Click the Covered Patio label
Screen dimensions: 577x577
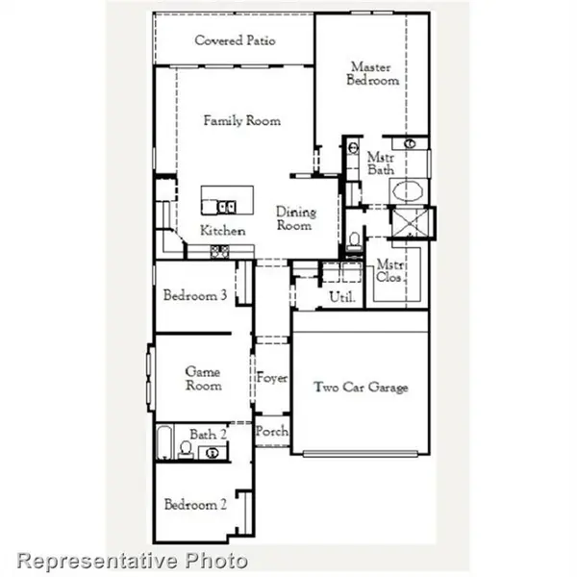tap(235, 40)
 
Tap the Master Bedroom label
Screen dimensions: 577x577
tap(373, 74)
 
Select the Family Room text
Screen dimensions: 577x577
tap(241, 121)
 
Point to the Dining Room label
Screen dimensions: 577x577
tap(294, 218)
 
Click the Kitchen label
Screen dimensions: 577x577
tap(222, 231)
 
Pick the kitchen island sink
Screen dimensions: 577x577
tap(227, 205)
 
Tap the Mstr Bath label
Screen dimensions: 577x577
tap(381, 163)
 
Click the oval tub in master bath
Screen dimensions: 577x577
tap(411, 189)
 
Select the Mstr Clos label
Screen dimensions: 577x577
tap(389, 271)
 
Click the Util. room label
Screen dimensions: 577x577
tap(342, 298)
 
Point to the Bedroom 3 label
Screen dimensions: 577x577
tap(195, 296)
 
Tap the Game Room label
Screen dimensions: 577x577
tap(203, 379)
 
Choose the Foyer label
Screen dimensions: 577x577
tap(271, 379)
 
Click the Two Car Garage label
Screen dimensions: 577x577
tap(361, 388)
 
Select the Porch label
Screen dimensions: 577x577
tap(271, 433)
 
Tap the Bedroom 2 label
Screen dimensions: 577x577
tap(195, 505)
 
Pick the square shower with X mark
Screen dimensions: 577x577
tap(413, 222)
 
